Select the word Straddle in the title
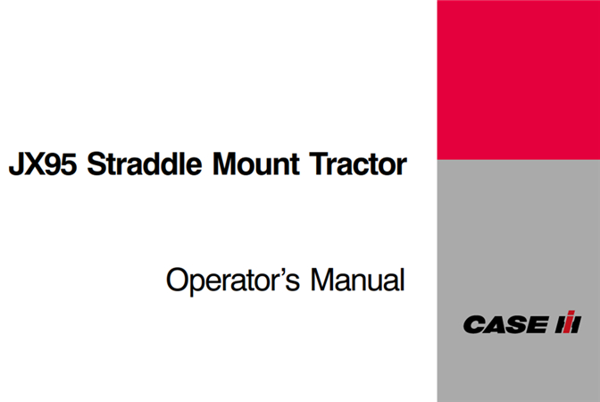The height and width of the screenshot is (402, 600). point(138,166)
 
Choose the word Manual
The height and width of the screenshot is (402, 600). point(357,281)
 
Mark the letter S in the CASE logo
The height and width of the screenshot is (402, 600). point(514,324)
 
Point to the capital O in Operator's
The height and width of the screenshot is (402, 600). point(177,281)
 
